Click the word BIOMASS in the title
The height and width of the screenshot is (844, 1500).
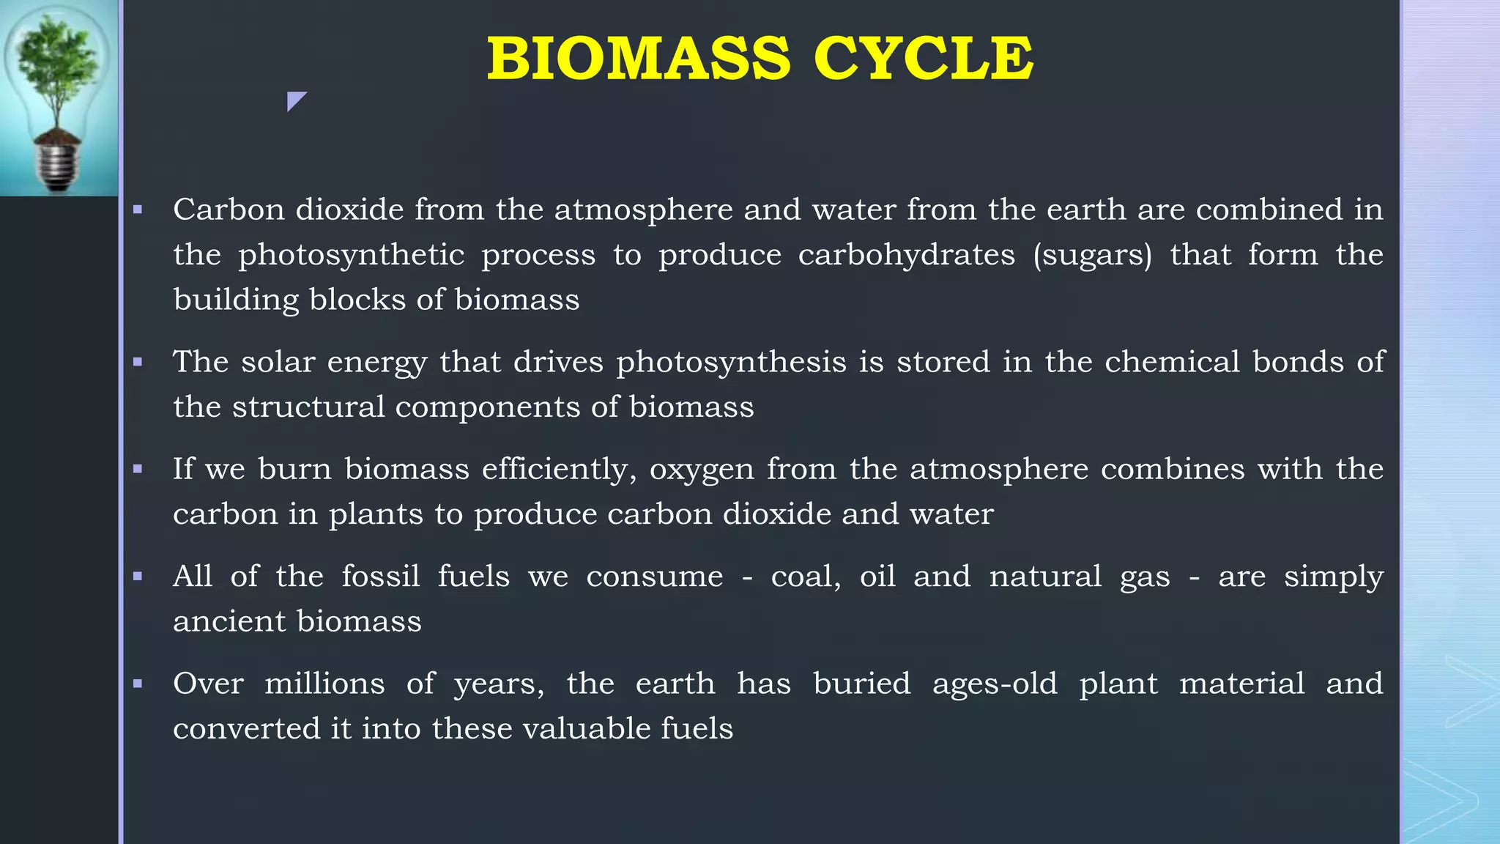click(639, 59)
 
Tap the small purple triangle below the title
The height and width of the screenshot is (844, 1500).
click(294, 100)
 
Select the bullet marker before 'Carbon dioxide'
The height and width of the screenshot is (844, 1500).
click(138, 210)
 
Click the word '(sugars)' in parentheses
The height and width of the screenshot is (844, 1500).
click(1092, 255)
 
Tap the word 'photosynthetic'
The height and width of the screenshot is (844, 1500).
click(351, 255)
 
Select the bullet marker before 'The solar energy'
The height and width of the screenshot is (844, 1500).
click(138, 362)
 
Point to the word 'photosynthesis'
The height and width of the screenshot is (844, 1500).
click(731, 362)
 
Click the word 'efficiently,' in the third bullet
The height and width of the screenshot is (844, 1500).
click(559, 469)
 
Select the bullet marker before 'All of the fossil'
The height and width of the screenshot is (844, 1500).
click(138, 577)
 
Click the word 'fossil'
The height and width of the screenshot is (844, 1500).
click(380, 577)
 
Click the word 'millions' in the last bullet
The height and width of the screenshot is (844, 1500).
click(324, 684)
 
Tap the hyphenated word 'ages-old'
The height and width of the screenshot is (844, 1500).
click(995, 684)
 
